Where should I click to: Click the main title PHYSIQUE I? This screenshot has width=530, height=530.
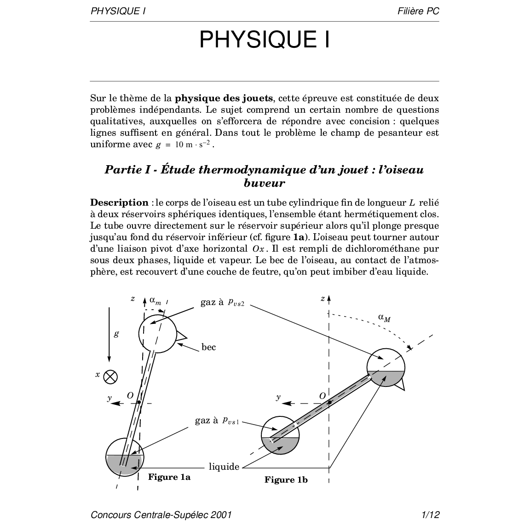pos(265,40)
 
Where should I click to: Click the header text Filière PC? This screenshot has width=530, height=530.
pos(418,11)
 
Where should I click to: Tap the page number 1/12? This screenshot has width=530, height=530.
pos(431,514)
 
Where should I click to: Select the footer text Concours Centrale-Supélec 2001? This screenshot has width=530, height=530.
pos(161,514)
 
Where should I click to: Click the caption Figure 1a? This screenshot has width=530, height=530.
pos(169,477)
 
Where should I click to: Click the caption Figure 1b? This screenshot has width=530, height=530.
pos(286,480)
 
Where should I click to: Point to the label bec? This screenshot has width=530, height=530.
pos(208,347)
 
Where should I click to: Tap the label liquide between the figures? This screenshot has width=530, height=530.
pos(224,467)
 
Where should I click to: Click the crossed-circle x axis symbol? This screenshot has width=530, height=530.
pos(110,377)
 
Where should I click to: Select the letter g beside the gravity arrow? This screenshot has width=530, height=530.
pos(116,334)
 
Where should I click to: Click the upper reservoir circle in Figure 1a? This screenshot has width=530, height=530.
pos(157,334)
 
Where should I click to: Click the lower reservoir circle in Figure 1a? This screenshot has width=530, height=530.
pos(125,457)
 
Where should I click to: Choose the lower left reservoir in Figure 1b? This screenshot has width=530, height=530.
pos(280,435)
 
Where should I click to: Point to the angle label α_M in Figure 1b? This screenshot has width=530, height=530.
pos(384,317)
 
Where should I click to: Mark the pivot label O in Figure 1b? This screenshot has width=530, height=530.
pos(322,396)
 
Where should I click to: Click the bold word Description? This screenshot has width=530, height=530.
pos(119,203)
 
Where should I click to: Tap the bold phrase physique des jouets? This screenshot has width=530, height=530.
pos(224,98)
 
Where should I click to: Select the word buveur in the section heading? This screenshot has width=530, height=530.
pos(264,183)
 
